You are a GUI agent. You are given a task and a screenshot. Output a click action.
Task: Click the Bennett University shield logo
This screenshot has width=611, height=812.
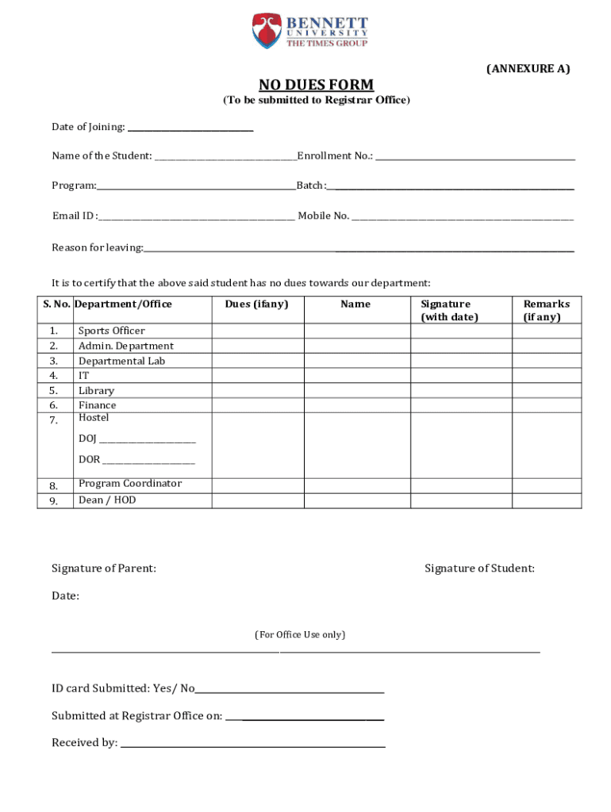tap(267, 31)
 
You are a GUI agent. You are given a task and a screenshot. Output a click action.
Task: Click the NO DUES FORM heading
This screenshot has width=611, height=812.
tap(316, 85)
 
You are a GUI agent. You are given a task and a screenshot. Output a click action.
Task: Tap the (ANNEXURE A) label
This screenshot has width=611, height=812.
tap(528, 69)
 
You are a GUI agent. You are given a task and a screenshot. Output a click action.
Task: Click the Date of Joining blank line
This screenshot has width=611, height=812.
tap(190, 128)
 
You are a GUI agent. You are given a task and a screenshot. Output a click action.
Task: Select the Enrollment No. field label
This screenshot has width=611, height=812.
tap(335, 155)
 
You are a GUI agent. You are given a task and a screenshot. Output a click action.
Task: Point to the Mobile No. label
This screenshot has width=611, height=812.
tap(323, 216)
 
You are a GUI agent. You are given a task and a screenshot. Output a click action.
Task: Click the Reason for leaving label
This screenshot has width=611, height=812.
tap(98, 247)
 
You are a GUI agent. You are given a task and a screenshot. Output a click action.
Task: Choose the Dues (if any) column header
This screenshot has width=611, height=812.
tap(256, 304)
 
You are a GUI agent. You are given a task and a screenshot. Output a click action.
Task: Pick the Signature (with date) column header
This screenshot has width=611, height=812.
tap(449, 310)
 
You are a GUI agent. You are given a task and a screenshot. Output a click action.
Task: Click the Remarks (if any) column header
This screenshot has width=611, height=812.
tap(546, 310)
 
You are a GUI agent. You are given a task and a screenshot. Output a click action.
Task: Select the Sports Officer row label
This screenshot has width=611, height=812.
tap(111, 331)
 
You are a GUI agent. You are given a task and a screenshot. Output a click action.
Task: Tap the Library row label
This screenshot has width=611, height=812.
tap(96, 390)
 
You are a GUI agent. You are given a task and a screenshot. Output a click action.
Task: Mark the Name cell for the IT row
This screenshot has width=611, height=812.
tap(355, 375)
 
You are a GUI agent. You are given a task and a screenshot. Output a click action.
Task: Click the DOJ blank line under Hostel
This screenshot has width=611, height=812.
tap(148, 441)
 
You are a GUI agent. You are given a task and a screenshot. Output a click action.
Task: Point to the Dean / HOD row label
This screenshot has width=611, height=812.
tap(107, 500)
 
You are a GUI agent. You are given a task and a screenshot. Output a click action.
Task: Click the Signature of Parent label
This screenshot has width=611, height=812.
tap(104, 568)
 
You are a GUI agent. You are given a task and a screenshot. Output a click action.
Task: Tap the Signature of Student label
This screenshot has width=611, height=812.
tap(479, 568)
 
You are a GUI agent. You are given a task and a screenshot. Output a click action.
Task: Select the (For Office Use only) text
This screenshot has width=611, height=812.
tap(300, 634)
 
